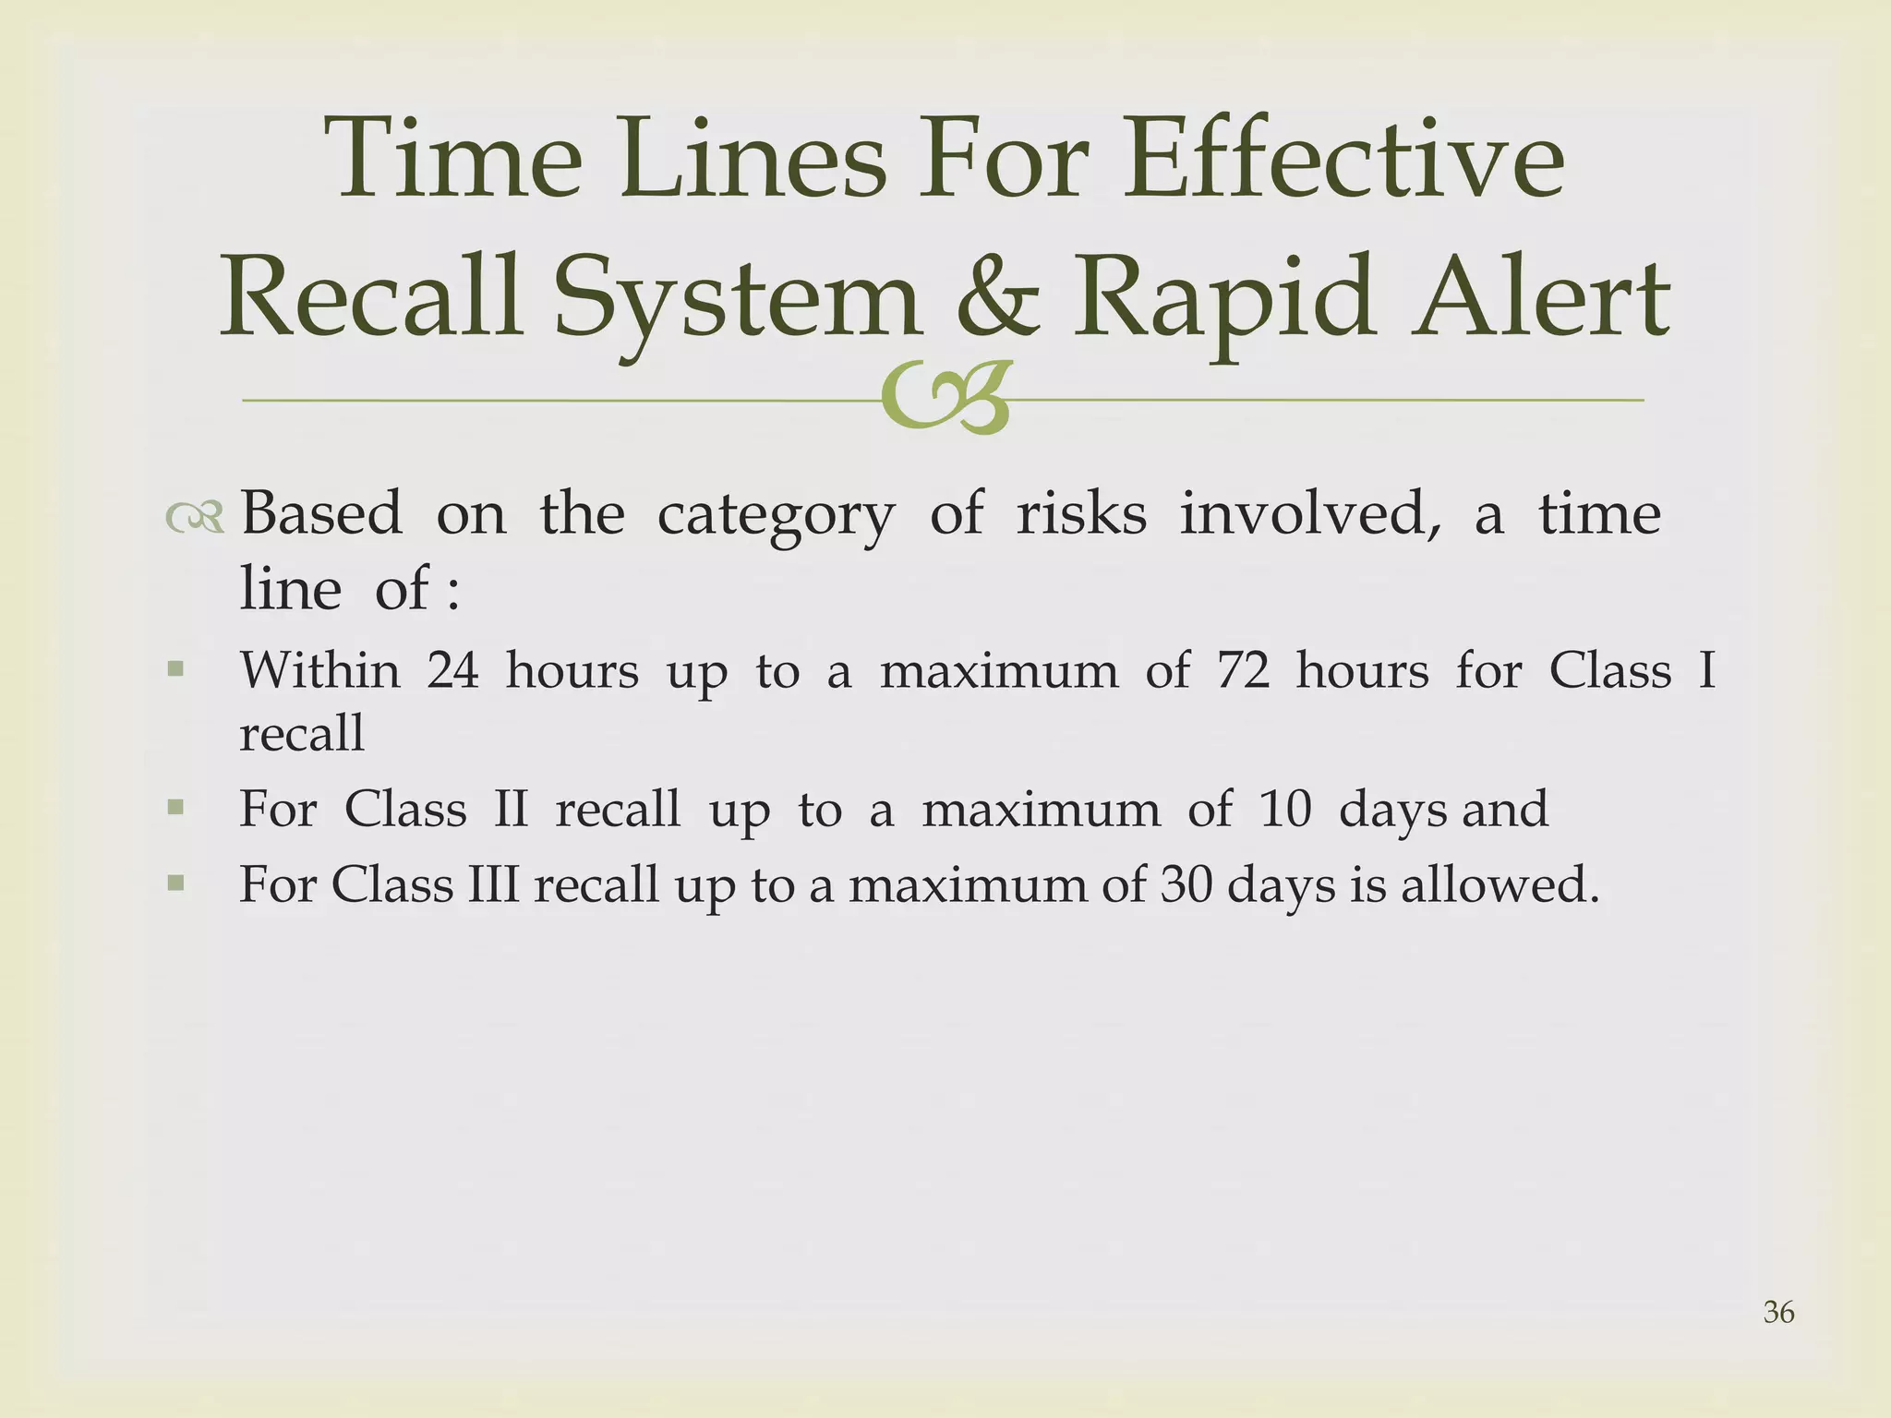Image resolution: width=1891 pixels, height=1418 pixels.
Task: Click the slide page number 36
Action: coord(1778,1312)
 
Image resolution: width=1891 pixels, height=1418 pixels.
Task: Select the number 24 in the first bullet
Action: coord(452,670)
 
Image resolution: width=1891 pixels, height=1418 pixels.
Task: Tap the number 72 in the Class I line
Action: coord(1242,670)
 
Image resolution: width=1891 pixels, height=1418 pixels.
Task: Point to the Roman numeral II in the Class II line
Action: coord(511,810)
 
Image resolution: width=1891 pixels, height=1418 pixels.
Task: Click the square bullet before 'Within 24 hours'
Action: coord(175,668)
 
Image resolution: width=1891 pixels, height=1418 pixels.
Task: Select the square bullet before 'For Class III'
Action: coord(175,883)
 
